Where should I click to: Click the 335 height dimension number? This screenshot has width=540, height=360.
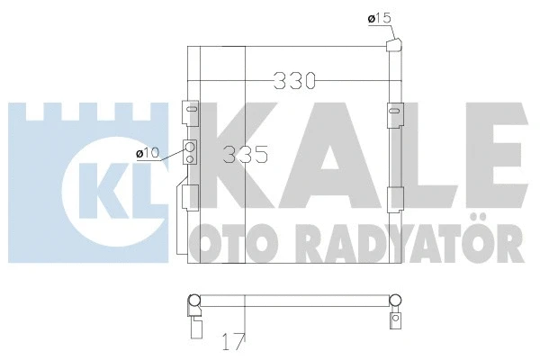[x=246, y=154]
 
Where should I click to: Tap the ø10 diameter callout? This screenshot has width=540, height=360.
[x=148, y=154]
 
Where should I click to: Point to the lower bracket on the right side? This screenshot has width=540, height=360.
[x=393, y=198]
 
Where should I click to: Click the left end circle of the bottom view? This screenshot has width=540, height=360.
[x=193, y=301]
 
